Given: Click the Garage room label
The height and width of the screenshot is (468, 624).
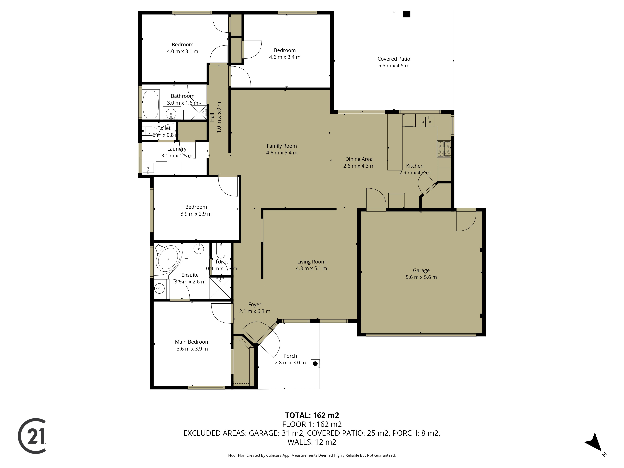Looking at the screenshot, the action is (421, 270).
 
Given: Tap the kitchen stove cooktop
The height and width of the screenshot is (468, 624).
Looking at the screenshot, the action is (444, 149).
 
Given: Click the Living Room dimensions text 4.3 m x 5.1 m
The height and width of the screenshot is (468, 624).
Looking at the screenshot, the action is (311, 269).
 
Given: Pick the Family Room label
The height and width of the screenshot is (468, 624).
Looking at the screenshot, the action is (282, 146).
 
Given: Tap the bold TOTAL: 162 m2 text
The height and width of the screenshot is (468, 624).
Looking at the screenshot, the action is (312, 415).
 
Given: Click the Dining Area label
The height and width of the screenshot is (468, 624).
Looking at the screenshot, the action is (359, 159).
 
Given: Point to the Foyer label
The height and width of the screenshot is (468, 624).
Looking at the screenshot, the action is (255, 304).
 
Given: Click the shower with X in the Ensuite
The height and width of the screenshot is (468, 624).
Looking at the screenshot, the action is (220, 288).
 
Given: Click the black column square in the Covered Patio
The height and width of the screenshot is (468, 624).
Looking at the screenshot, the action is (407, 14).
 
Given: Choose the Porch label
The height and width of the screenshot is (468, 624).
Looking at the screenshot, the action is (290, 356).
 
